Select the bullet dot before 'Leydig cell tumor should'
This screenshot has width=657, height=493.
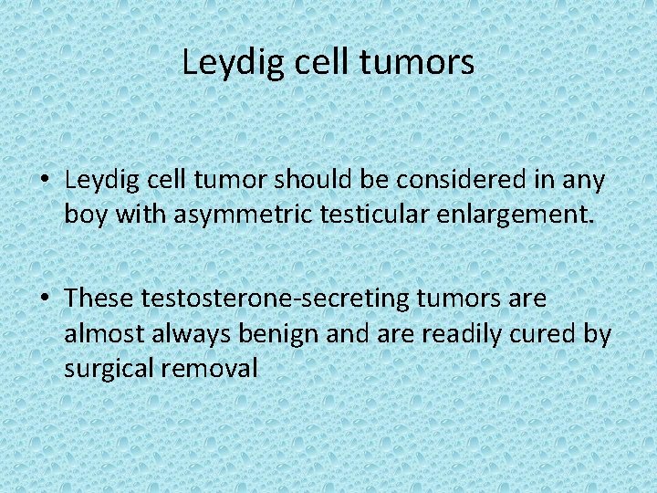click(x=46, y=182)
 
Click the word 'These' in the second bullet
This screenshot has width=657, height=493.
click(x=99, y=299)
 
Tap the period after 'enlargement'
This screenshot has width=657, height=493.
click(x=591, y=223)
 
